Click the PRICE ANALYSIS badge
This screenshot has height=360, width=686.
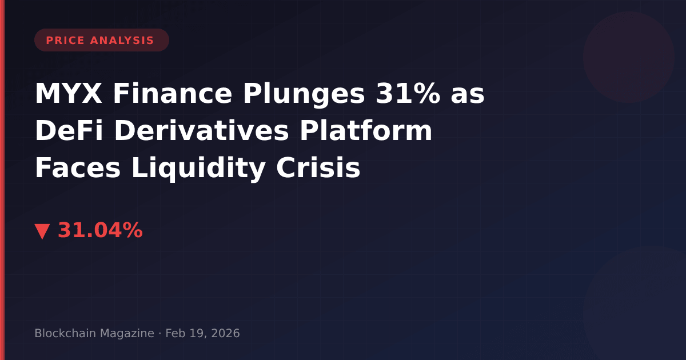(x=102, y=40)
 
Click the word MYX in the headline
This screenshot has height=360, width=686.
(x=69, y=94)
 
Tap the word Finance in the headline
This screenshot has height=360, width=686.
(x=173, y=94)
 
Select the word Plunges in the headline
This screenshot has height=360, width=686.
(x=304, y=95)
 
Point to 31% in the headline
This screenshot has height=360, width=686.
(x=408, y=94)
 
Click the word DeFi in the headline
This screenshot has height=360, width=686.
(x=69, y=131)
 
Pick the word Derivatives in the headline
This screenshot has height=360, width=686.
(x=201, y=131)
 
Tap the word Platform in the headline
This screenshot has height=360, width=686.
(x=366, y=131)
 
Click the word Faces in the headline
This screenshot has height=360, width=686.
(x=78, y=168)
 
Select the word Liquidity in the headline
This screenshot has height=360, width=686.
(x=198, y=169)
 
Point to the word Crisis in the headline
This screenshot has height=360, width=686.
(x=318, y=168)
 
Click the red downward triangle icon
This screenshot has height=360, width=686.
(x=42, y=231)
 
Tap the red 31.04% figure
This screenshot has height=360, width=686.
(x=100, y=230)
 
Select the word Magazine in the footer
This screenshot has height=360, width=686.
(x=127, y=334)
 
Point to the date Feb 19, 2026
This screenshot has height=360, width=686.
(x=202, y=333)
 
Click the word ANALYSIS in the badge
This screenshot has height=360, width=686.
(x=122, y=41)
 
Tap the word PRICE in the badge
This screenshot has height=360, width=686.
(x=65, y=41)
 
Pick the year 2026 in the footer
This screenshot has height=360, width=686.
(x=225, y=333)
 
